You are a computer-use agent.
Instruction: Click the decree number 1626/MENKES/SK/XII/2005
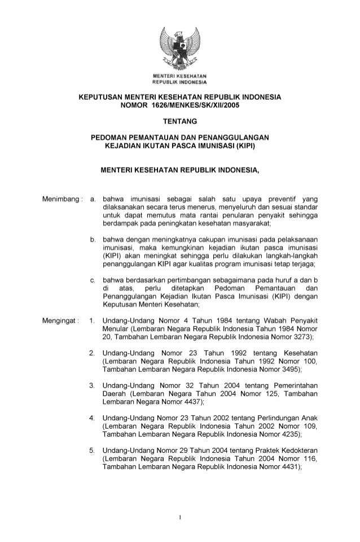[x=201, y=105]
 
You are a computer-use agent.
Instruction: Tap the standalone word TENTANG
[x=179, y=121]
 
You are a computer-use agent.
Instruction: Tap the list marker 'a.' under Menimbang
[x=93, y=199]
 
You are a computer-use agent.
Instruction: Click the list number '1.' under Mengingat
[x=93, y=320]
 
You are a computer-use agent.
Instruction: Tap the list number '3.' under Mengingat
[x=93, y=385]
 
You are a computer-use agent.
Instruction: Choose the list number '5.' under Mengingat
[x=93, y=450]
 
